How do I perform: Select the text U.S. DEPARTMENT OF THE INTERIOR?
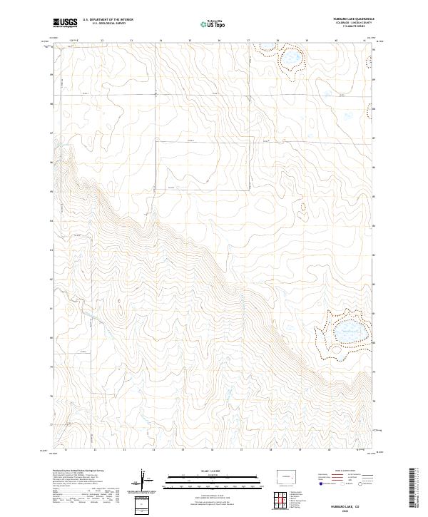[x=108, y=19]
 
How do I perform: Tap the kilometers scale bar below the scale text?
[x=193, y=480]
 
